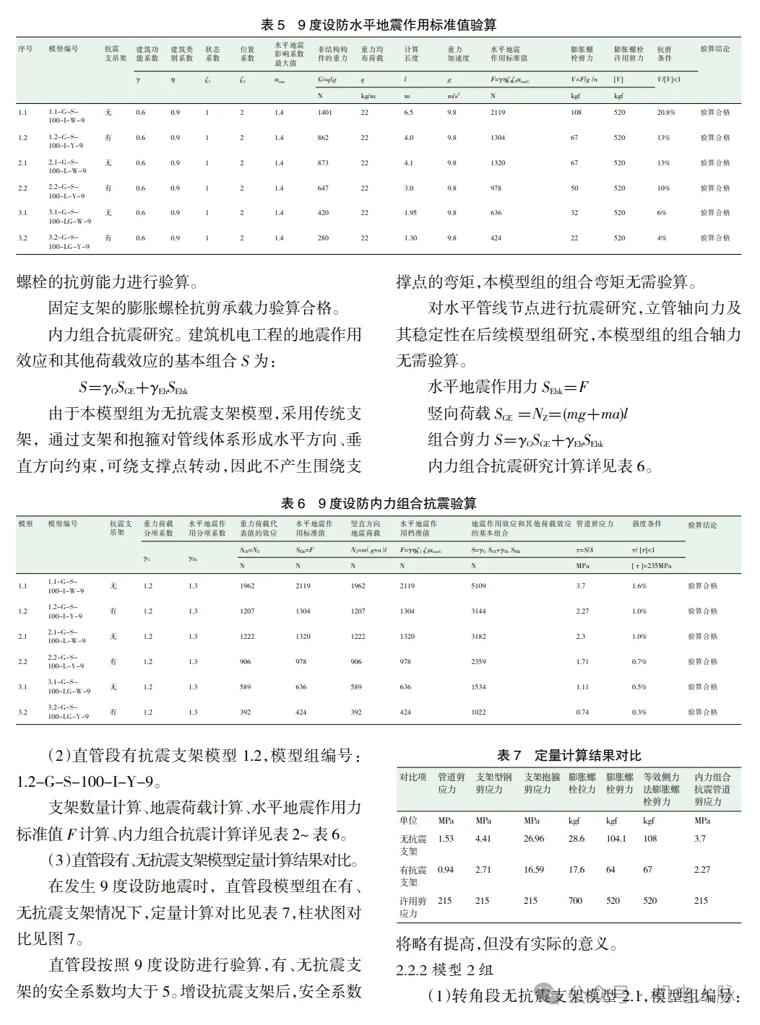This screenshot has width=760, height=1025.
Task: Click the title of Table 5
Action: coord(379,25)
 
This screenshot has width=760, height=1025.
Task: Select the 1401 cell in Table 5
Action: coord(325,113)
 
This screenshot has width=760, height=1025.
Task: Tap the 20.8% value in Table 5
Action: coord(666,113)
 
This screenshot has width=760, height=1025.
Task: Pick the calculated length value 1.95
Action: coord(410,213)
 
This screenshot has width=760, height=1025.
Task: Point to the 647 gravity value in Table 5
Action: coord(323,188)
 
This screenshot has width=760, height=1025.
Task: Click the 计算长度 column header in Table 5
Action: coord(411,54)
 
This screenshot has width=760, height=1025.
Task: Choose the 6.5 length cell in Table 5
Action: coord(409,113)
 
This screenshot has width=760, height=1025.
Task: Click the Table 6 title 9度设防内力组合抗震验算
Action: coord(379,503)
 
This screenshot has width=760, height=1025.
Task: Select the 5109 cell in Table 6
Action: coord(479,586)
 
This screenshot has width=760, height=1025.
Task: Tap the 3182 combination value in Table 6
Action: coord(479,637)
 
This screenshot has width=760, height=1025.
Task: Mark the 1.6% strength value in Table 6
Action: coord(639,586)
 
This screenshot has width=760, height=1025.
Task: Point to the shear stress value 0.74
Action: coord(582,712)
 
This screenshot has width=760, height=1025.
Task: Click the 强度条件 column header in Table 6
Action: coord(647,524)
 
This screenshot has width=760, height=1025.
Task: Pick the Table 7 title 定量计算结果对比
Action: coord(569,755)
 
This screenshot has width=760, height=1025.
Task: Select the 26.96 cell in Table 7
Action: coord(534,839)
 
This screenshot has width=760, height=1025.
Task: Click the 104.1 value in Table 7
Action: coord(616,839)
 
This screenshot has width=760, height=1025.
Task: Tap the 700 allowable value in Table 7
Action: coord(576,901)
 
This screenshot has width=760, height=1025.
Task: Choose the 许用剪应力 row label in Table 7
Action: coord(413,907)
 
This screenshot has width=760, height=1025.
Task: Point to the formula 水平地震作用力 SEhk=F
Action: coord(508,387)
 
